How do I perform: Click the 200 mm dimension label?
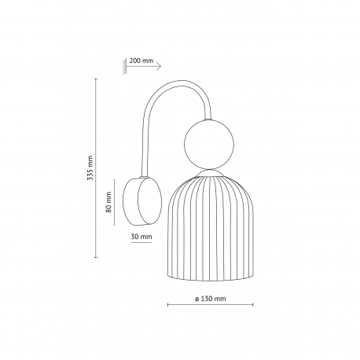[x=141, y=61]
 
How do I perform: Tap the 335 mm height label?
[x=90, y=167]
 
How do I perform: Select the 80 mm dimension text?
[x=108, y=202]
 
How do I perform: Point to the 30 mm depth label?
[x=141, y=237]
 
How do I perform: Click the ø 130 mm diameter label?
[x=211, y=299]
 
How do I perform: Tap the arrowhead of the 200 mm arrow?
[x=159, y=67]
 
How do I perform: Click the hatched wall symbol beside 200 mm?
[x=124, y=67]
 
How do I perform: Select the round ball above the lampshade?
[x=209, y=144]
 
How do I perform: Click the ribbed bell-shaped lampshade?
[x=210, y=229]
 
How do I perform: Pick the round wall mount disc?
[x=142, y=201]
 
